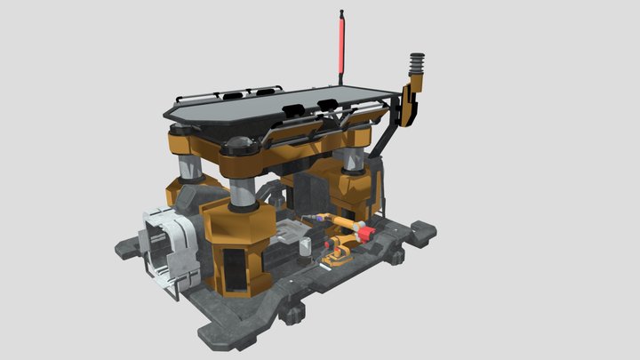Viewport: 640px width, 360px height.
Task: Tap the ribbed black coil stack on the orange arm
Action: [417, 68]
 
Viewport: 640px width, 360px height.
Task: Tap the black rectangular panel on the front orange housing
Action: [234, 271]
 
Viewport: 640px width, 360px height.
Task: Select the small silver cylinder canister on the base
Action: [304, 252]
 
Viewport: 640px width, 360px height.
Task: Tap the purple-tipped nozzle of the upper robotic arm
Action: [308, 218]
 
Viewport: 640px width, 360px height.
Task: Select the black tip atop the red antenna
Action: [341, 12]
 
